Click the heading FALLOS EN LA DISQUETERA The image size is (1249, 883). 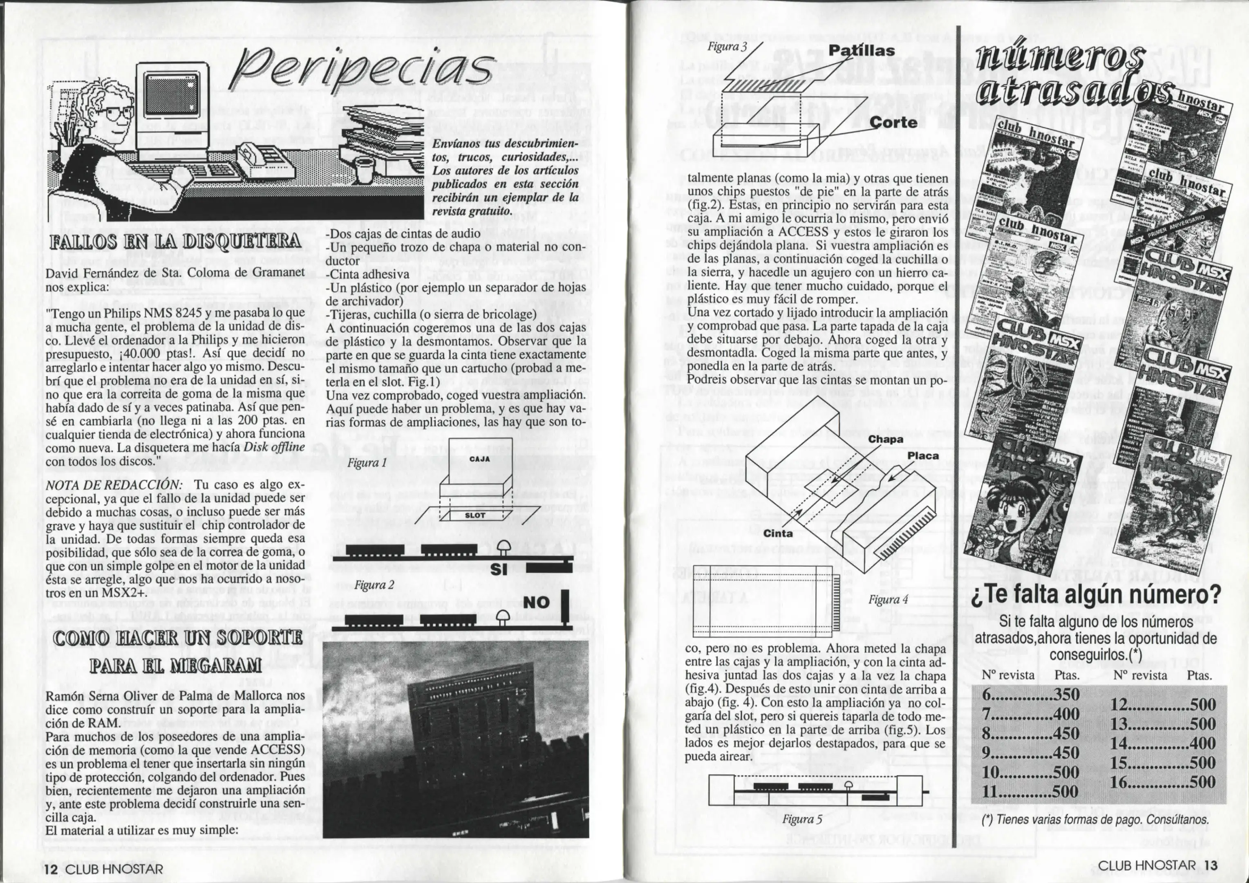tap(174, 241)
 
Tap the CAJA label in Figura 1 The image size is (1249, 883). tap(479, 459)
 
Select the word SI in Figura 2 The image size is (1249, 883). tap(499, 569)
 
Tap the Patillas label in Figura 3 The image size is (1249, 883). tap(861, 51)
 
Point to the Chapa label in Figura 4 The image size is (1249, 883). tap(886, 439)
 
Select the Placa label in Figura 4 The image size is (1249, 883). tap(923, 455)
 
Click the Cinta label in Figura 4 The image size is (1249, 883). tap(778, 533)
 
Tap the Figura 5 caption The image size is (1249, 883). tap(802, 819)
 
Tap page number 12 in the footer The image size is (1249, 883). tap(51, 869)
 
